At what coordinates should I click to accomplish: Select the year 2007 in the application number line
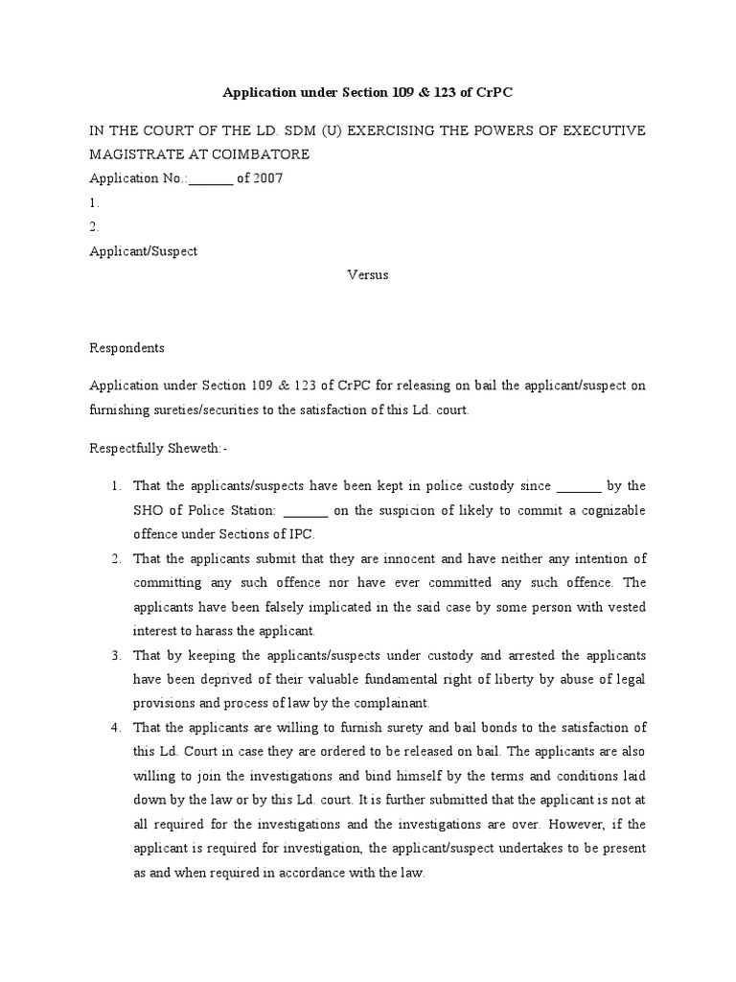266,178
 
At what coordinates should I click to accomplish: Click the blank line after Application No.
211,178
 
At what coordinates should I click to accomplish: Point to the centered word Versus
367,275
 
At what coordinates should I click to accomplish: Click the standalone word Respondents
127,348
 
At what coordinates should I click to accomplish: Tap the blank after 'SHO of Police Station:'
307,510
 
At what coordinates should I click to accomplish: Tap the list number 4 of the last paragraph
115,728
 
